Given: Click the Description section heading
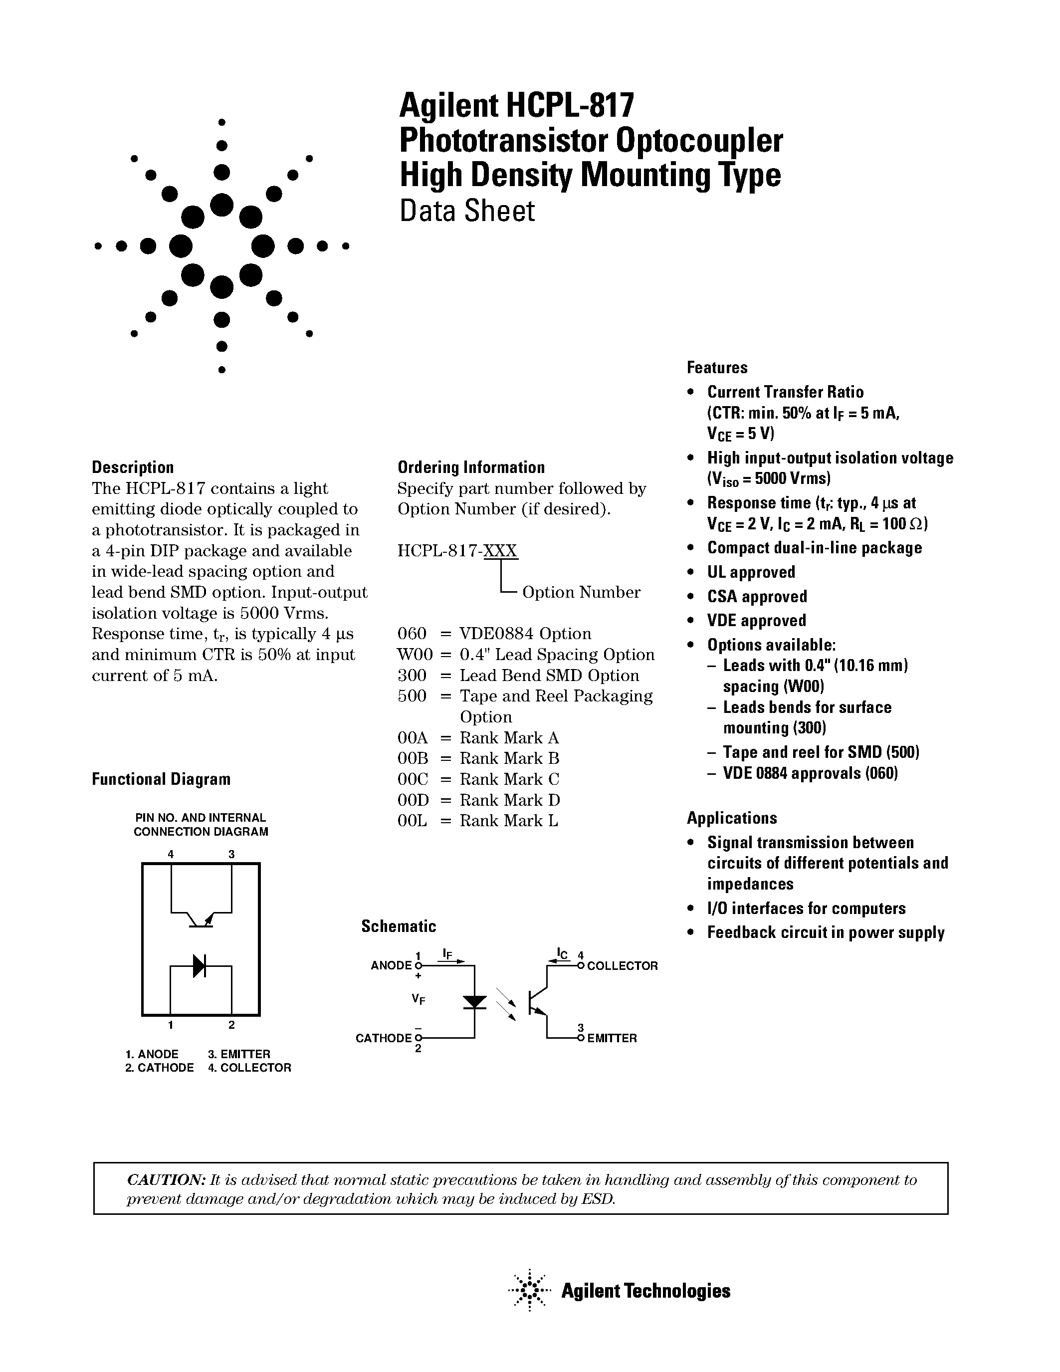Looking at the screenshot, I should (133, 467).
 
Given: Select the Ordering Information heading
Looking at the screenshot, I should (471, 467).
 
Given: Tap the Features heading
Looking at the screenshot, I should (716, 368).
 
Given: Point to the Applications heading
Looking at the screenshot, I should (732, 818).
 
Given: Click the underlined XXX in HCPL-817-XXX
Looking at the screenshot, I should (500, 551).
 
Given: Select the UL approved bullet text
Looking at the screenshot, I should (751, 572).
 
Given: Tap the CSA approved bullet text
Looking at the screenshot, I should (757, 597).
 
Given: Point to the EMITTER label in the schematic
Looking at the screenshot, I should (612, 1038).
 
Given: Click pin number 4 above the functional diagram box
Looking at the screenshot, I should (171, 854).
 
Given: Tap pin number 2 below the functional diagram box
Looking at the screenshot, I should (232, 1025).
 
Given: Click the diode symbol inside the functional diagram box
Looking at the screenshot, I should (199, 966).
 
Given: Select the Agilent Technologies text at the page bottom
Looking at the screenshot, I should (645, 1291).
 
